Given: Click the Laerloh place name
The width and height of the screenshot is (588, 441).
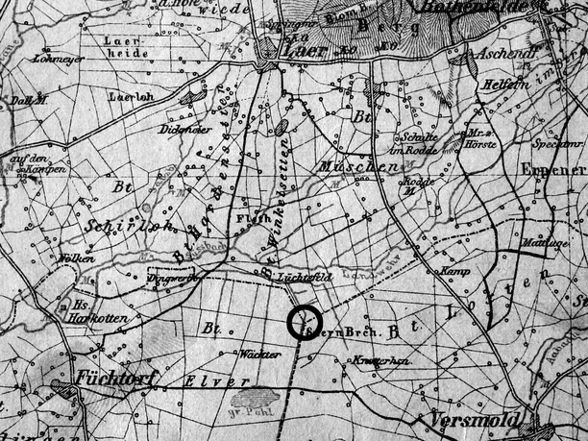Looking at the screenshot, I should point(131,97).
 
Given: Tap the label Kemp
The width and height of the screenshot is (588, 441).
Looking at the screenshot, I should point(452,272).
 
